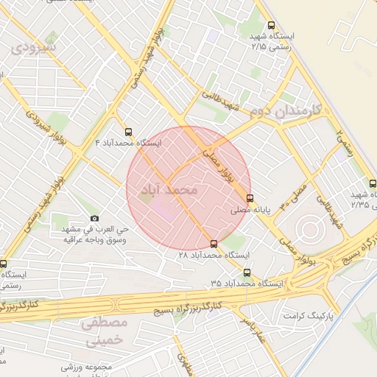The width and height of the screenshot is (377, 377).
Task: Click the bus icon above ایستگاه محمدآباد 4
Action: click(130, 133)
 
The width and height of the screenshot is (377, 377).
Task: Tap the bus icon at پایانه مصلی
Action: click(250, 198)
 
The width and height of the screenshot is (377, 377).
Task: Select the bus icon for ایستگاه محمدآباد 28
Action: click(214, 244)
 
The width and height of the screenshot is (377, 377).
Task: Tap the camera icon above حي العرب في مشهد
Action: click(94, 219)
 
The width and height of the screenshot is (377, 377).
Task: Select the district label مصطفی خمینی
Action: click(106, 331)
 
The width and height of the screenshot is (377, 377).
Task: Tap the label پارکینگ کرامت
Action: click(308, 315)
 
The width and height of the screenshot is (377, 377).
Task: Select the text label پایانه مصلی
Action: click(274, 209)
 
